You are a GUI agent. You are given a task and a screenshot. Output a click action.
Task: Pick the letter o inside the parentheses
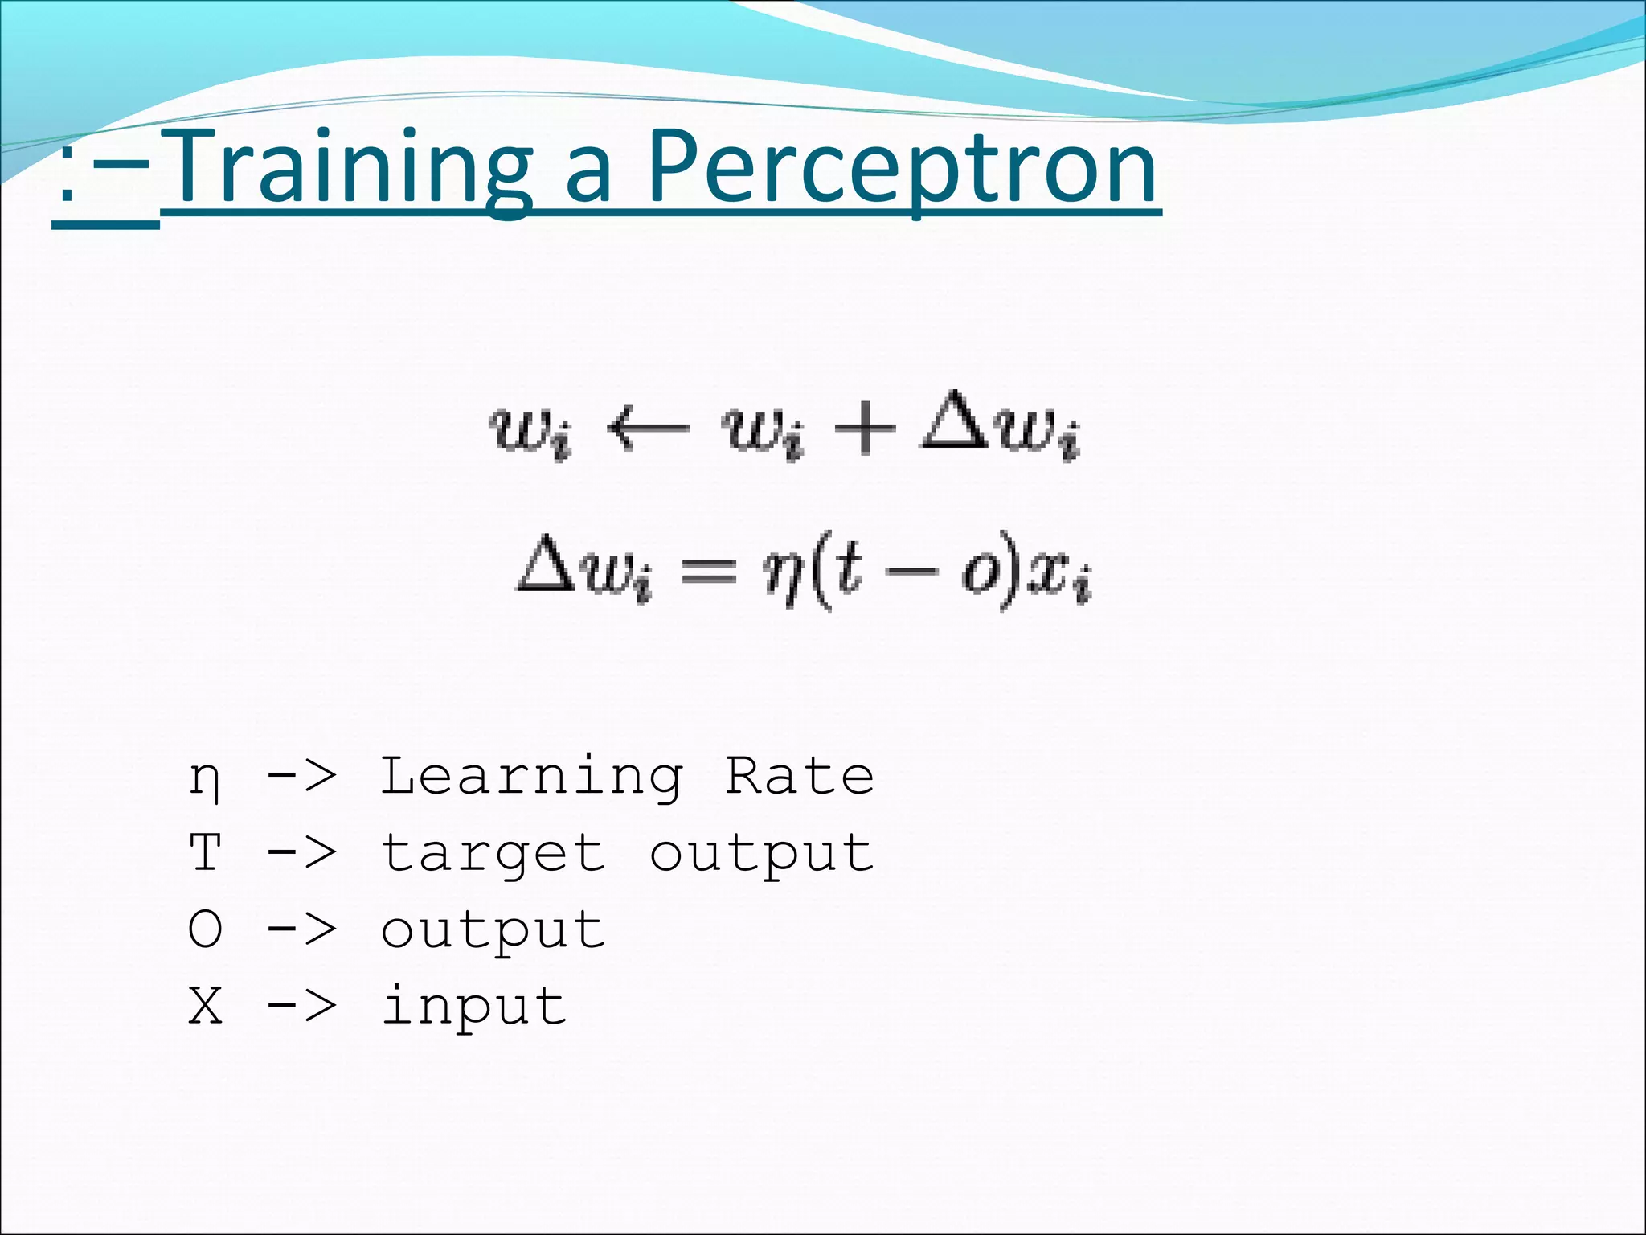pos(979,573)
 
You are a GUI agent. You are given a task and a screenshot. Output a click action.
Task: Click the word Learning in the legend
pos(531,777)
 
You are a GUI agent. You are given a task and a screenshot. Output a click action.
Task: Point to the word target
pos(493,854)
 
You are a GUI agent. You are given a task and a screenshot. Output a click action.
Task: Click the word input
pos(474,1006)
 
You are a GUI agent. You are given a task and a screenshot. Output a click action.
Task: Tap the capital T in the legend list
pos(205,851)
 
